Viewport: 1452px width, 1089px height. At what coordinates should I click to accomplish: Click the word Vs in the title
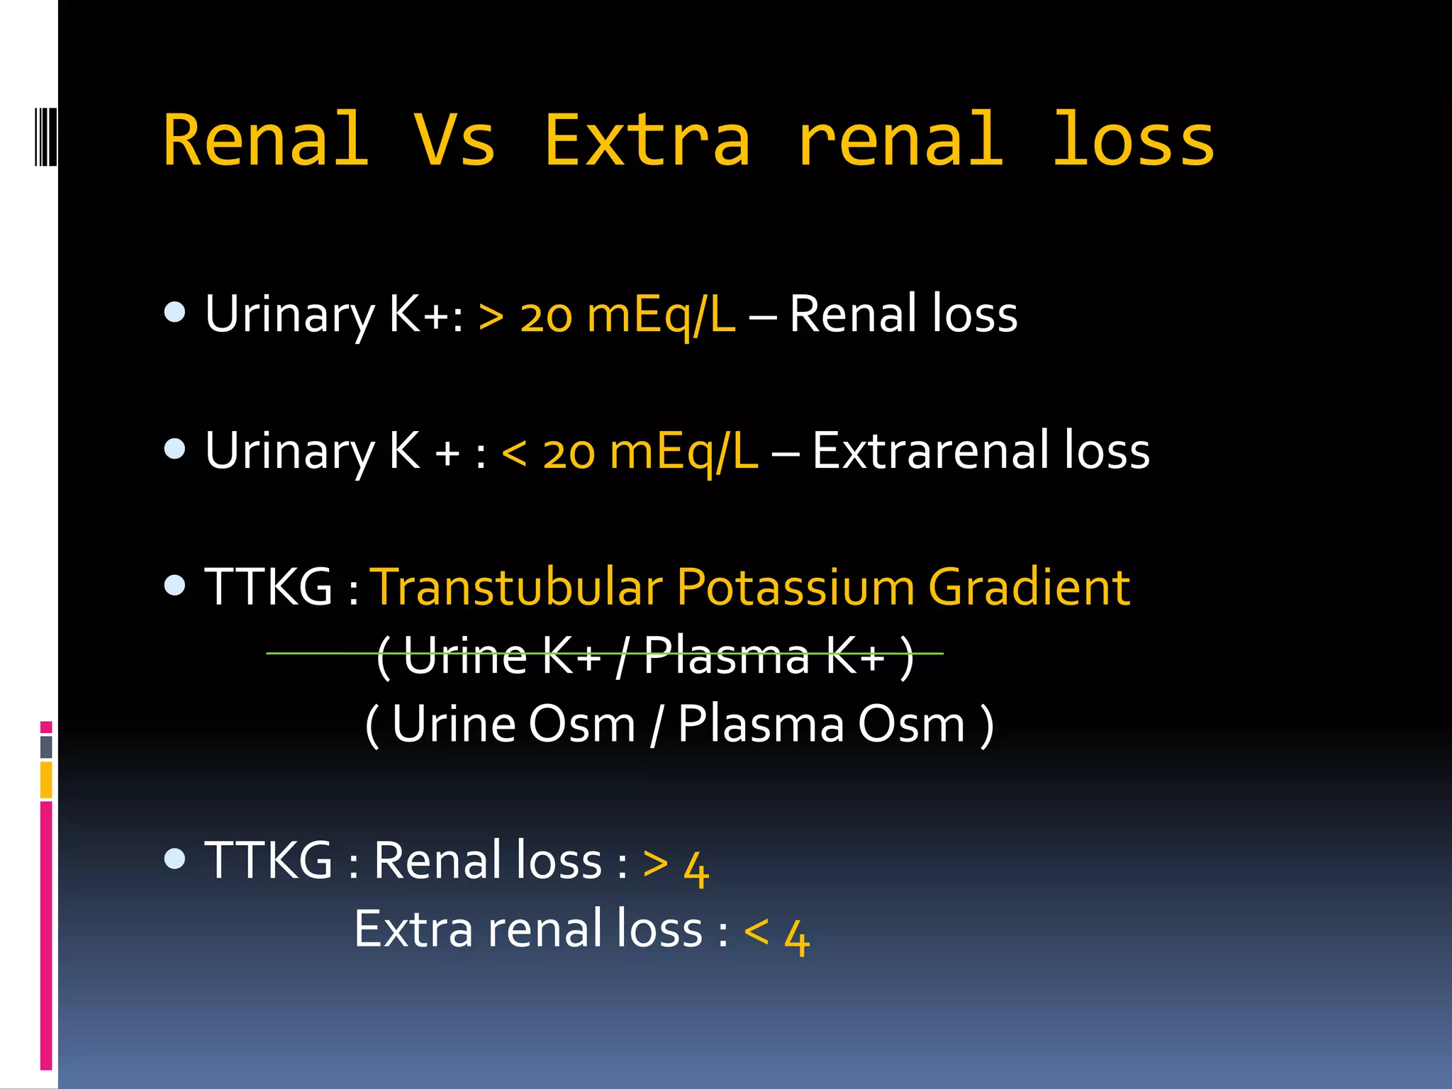tap(454, 140)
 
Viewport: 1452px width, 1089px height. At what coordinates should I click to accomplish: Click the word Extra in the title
tap(647, 140)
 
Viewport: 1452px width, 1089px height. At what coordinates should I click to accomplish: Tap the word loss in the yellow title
tap(1133, 140)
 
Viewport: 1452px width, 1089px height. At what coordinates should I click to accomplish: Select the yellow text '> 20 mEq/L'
tap(606, 314)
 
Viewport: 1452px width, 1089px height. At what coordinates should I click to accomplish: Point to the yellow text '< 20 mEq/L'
tap(629, 452)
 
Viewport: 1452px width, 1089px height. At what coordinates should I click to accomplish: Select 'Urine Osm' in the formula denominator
tap(513, 725)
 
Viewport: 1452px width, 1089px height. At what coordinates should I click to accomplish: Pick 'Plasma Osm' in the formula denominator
tap(821, 725)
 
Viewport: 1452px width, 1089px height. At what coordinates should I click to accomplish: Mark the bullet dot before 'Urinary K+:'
tap(174, 312)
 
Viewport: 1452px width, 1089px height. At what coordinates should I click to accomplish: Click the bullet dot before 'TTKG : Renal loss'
tap(174, 859)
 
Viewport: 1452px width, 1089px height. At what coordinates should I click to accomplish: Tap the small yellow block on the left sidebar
tap(46, 779)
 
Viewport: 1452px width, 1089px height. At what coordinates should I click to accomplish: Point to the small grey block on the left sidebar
tap(46, 747)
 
